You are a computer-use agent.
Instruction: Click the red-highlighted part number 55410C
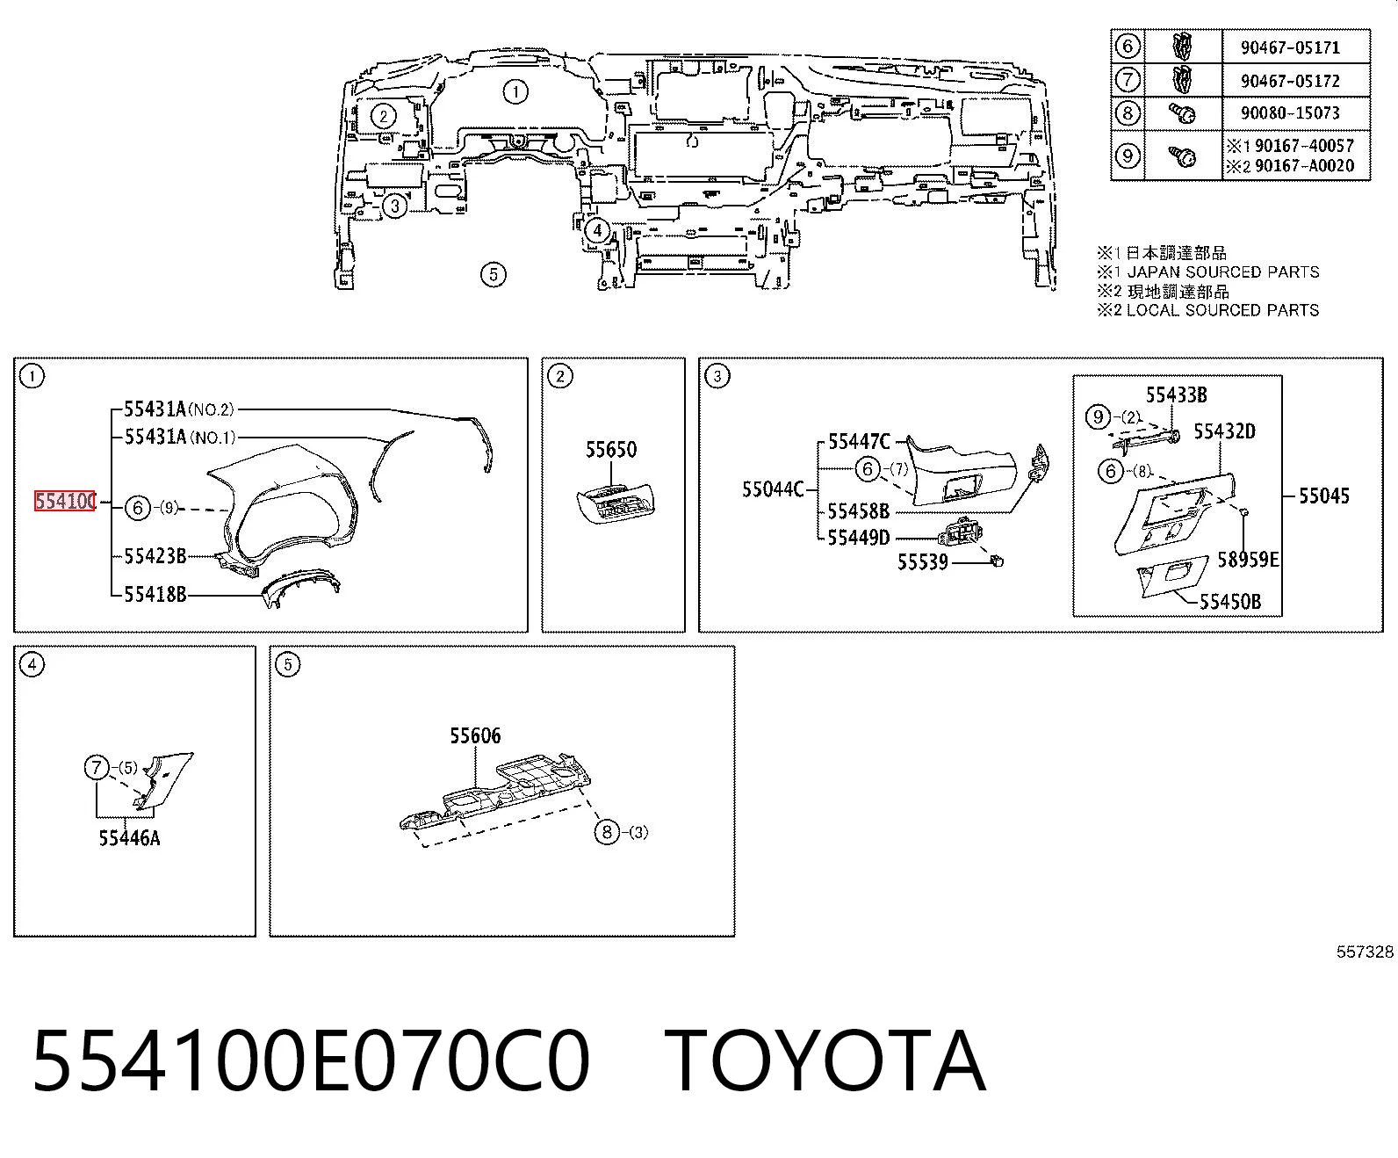point(65,501)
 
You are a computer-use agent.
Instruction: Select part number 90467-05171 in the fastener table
point(1290,47)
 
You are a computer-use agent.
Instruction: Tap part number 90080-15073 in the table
point(1290,112)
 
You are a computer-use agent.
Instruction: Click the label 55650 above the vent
point(610,450)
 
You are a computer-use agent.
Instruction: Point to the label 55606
point(475,735)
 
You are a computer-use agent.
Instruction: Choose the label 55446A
point(129,837)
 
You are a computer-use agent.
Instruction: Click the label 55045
point(1323,496)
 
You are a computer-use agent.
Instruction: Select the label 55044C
point(773,490)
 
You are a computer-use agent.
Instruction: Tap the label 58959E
point(1247,559)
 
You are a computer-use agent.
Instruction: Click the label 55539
point(923,561)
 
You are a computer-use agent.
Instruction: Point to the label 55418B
point(155,595)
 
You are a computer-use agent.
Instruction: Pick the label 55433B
point(1176,394)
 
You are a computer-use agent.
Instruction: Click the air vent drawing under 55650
point(616,504)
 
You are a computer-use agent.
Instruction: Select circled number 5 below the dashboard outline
point(494,274)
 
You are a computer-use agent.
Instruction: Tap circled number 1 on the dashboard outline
point(515,91)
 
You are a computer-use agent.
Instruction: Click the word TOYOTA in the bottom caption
point(825,1062)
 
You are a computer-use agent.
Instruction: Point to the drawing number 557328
point(1365,952)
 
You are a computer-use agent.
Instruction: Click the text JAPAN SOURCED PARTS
point(1222,272)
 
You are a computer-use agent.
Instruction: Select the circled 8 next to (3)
point(607,832)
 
